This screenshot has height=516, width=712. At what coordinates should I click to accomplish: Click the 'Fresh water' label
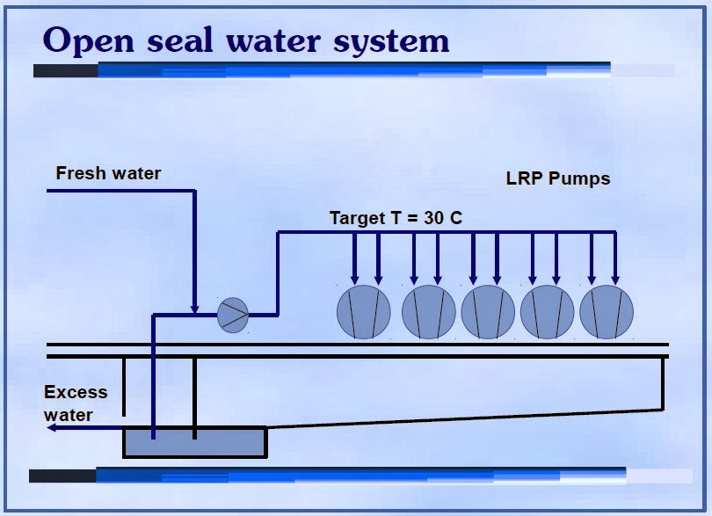[x=108, y=173]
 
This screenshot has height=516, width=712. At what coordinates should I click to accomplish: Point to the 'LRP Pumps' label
[x=557, y=178]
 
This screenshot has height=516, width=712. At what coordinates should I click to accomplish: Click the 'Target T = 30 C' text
[x=395, y=218]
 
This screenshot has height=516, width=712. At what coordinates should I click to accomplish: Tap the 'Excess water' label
[x=75, y=403]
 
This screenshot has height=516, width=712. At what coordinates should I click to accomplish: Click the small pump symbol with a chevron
[x=233, y=314]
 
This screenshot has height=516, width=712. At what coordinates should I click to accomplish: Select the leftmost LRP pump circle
[x=364, y=312]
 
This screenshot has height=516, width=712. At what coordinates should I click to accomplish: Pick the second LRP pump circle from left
[x=429, y=312]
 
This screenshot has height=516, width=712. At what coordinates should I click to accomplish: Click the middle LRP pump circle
[x=488, y=312]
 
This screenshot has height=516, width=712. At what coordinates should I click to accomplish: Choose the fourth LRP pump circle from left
[x=548, y=312]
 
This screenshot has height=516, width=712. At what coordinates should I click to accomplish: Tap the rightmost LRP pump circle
[x=607, y=312]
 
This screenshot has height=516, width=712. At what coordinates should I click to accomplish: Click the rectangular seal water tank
[x=194, y=442]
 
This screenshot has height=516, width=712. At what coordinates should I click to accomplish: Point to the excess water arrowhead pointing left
[x=53, y=427]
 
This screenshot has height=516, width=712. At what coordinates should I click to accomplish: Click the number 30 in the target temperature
[x=433, y=218]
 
